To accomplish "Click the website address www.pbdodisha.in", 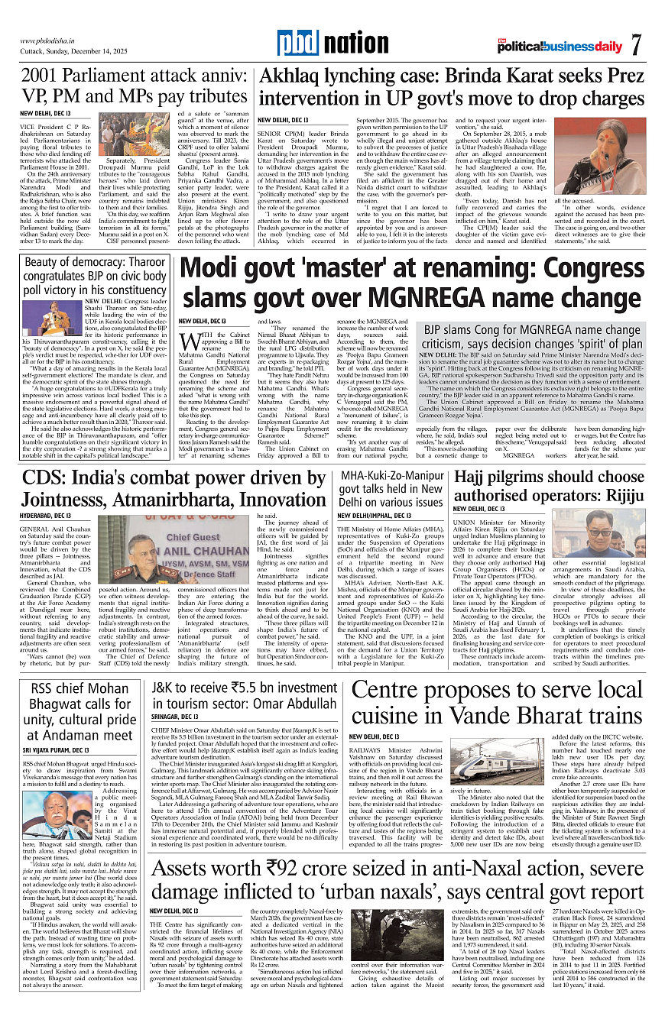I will (50, 40).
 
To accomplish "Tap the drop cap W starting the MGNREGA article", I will (190, 341).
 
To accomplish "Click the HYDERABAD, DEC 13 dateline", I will (47, 516).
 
